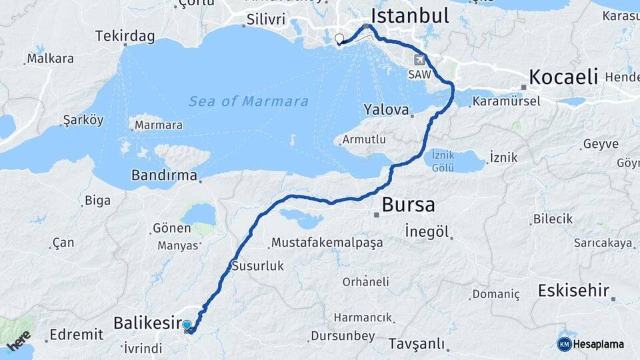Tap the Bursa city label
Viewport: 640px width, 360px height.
(408, 204)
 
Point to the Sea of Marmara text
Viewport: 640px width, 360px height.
(248, 101)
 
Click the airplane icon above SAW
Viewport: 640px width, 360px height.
(419, 59)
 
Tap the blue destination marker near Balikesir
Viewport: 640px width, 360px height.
(187, 325)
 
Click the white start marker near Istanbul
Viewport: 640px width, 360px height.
(339, 39)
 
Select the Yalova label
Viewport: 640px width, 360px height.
(385, 109)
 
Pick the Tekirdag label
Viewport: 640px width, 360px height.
(125, 35)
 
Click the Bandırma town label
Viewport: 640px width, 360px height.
(164, 177)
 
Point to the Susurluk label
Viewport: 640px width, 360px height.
(257, 266)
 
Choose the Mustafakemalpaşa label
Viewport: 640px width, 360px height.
(327, 242)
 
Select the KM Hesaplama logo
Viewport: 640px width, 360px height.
(591, 344)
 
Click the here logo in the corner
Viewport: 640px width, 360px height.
(19, 340)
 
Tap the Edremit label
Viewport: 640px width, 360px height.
(76, 334)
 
